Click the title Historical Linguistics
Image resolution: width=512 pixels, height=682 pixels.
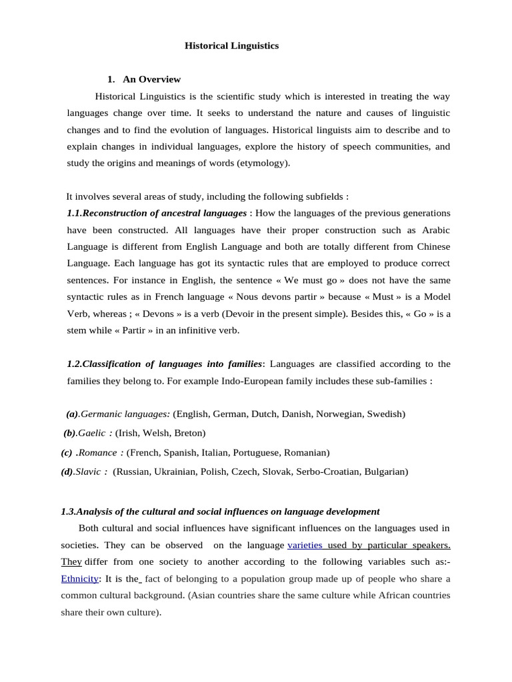point(231,46)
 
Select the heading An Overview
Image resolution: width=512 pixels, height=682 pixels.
point(151,79)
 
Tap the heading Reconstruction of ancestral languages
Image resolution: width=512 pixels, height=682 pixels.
point(157,213)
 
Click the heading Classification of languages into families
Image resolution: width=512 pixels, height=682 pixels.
point(165,364)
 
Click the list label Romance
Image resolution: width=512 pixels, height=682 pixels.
point(101,452)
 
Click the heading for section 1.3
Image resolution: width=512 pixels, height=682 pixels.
point(220,511)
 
